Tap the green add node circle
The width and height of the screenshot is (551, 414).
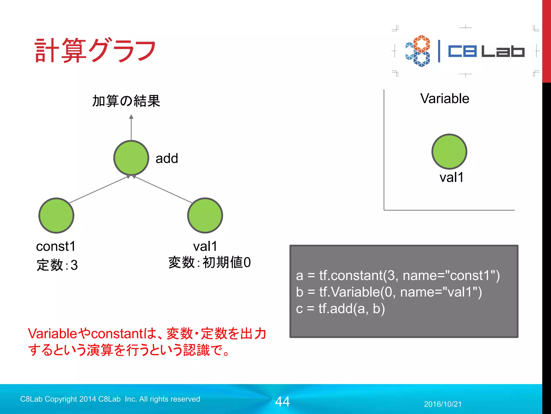pyautogui.click(x=131, y=158)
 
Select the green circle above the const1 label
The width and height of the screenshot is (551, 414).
pyautogui.click(x=56, y=215)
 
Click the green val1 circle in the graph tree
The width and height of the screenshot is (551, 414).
pyautogui.click(x=205, y=215)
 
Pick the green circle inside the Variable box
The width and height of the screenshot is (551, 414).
pyautogui.click(x=449, y=151)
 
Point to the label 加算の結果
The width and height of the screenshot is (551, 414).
pyautogui.click(x=126, y=101)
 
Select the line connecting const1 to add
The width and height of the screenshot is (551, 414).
pyautogui.click(x=98, y=190)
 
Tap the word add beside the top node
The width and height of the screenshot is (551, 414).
pyautogui.click(x=167, y=158)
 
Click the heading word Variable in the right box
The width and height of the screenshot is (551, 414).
pyautogui.click(x=444, y=98)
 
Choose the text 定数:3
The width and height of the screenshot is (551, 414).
pyautogui.click(x=57, y=265)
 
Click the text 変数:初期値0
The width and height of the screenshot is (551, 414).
pyautogui.click(x=209, y=262)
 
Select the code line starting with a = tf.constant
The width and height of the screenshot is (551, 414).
pyautogui.click(x=398, y=275)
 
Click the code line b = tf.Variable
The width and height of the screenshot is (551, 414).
pyautogui.click(x=389, y=292)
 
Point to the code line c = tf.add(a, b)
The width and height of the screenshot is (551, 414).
pyautogui.click(x=340, y=309)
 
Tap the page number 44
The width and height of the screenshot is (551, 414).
pyautogui.click(x=282, y=401)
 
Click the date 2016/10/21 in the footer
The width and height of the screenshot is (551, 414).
pyautogui.click(x=443, y=404)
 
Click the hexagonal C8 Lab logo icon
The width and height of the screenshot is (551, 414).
pyautogui.click(x=418, y=51)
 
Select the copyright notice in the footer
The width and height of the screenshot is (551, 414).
pyautogui.click(x=110, y=399)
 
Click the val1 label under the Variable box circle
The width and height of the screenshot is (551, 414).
pyautogui.click(x=451, y=177)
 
